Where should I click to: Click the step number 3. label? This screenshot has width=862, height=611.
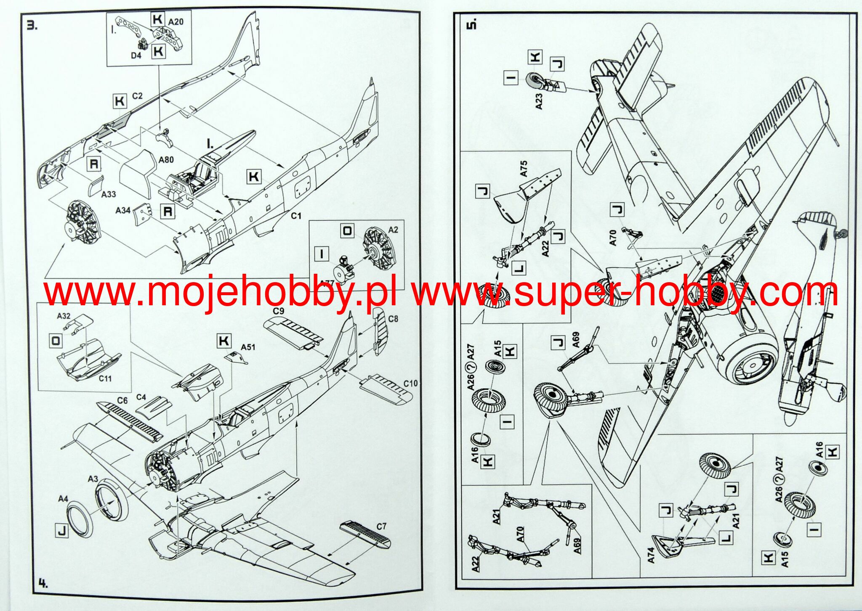tap(32, 26)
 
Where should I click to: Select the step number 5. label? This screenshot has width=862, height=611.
tap(472, 24)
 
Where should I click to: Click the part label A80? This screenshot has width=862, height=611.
tap(166, 160)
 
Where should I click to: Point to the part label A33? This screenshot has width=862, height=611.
tap(109, 194)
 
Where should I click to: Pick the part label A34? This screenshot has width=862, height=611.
tap(123, 210)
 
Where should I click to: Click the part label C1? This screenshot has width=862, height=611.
tap(296, 216)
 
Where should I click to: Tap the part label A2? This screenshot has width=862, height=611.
tap(393, 230)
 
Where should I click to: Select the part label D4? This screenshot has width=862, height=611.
tap(136, 55)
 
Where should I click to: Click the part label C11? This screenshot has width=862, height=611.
tap(105, 378)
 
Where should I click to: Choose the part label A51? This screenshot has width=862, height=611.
tap(248, 347)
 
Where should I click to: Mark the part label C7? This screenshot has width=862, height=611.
tap(381, 526)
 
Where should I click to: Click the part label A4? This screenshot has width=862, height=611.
tap(63, 499)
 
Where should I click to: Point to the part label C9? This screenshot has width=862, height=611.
tap(279, 311)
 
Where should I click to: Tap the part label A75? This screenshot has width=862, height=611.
tap(524, 168)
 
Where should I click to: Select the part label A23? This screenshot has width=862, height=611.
tap(539, 101)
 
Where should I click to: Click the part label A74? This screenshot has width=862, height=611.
tap(651, 555)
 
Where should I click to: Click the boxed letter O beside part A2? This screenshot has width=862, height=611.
tap(348, 231)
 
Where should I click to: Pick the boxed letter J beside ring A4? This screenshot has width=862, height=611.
tap(61, 531)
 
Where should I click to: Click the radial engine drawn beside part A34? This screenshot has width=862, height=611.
tap(82, 225)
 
